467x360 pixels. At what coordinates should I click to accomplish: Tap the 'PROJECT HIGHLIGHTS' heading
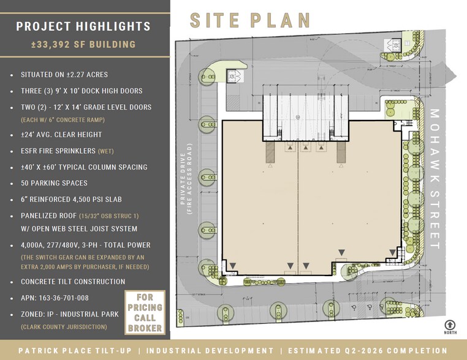83,26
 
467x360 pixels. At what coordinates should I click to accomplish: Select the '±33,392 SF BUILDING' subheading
83,45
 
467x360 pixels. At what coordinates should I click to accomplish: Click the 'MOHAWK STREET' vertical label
436,179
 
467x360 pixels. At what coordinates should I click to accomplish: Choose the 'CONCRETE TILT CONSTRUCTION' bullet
73,282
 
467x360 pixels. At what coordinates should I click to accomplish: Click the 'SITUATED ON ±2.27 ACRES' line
64,75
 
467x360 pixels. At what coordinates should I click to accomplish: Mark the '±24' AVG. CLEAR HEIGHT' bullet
61,135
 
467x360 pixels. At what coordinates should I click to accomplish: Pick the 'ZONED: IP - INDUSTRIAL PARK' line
72,314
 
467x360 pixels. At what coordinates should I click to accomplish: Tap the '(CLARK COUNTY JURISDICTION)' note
64,327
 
